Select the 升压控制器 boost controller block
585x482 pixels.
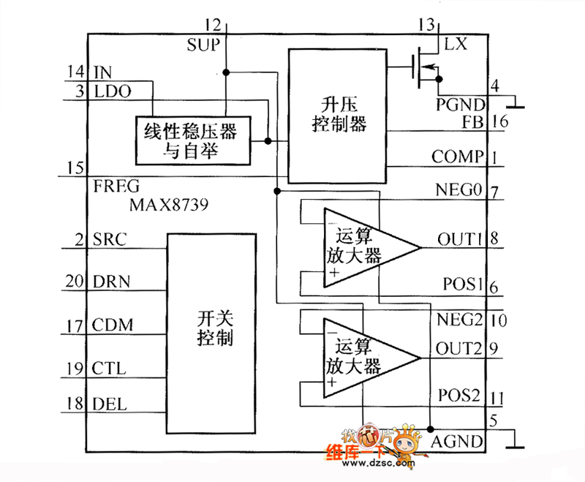[x=337, y=116]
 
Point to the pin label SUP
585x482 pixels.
[x=203, y=45]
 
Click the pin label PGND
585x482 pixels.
[x=460, y=104]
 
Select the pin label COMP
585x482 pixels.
[x=457, y=156]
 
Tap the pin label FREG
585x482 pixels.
[x=116, y=186]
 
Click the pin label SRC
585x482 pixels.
[x=110, y=239]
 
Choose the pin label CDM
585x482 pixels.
[x=113, y=325]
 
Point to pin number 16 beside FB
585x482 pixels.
[x=500, y=121]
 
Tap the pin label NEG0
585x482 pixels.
[x=459, y=192]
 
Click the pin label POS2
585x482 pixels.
[x=458, y=396]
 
